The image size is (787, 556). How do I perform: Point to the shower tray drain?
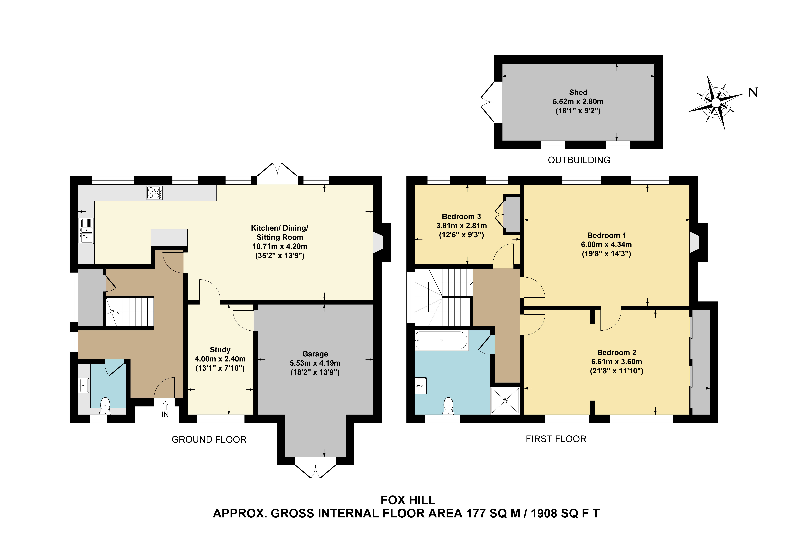coord(505,400)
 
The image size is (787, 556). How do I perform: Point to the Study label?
coord(220,350)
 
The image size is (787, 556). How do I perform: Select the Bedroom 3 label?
coord(461,216)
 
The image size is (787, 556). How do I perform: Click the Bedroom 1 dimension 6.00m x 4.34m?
coord(606,244)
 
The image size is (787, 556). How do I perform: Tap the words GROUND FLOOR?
coord(209,439)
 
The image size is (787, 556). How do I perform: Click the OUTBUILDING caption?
coord(579,160)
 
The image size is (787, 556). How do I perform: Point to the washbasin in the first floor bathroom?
coord(421,386)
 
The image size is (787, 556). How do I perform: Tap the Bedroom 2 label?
coord(617,352)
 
